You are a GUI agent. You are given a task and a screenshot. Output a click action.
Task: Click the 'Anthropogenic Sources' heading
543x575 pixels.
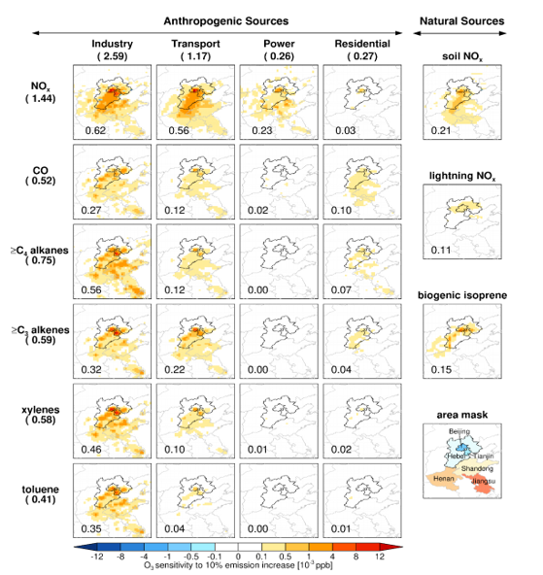(x=226, y=21)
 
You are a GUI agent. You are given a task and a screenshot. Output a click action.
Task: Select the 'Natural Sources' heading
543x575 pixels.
(x=461, y=21)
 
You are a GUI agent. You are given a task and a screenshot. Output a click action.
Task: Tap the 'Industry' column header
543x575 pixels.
(x=112, y=44)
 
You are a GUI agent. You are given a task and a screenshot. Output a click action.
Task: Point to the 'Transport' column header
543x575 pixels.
(x=195, y=44)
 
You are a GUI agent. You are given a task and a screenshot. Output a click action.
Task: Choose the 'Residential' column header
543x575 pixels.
(x=362, y=44)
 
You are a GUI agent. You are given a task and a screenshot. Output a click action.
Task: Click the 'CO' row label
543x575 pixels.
(x=41, y=171)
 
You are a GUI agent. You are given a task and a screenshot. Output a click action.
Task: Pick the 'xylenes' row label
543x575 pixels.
(x=41, y=410)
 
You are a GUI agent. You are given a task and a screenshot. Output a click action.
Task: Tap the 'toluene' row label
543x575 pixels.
(x=41, y=490)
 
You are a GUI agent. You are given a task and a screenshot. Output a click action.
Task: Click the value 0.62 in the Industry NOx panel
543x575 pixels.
(x=95, y=130)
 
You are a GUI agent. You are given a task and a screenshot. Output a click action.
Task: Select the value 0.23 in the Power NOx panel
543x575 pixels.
(x=261, y=130)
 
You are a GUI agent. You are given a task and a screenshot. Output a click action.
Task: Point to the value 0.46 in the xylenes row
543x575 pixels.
(x=91, y=450)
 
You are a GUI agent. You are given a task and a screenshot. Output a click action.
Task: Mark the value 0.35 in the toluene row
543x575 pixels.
(x=91, y=529)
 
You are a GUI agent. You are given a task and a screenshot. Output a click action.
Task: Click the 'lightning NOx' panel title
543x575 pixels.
(x=462, y=177)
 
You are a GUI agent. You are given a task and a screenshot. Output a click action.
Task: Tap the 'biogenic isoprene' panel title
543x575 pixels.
(x=462, y=295)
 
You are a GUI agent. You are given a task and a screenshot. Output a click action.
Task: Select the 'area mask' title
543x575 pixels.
(x=462, y=415)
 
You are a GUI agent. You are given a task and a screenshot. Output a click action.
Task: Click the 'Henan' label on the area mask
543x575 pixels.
(x=444, y=479)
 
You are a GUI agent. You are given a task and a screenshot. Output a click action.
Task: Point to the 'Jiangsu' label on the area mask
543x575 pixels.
(x=483, y=481)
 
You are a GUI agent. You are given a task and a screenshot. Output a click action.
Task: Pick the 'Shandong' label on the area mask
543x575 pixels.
(x=477, y=469)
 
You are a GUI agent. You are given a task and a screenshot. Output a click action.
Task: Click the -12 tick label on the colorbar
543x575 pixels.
(x=97, y=557)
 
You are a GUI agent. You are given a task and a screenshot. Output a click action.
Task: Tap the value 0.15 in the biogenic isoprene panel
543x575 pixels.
(x=441, y=370)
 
